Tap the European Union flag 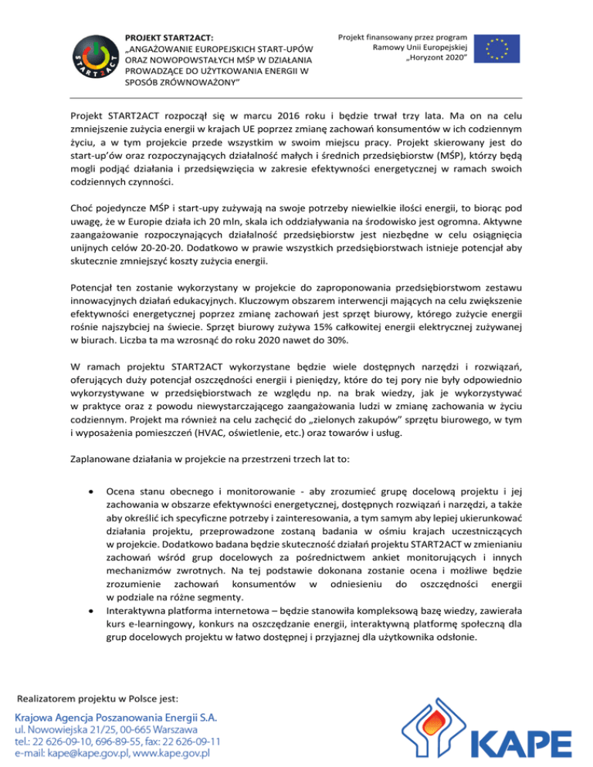(496, 48)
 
